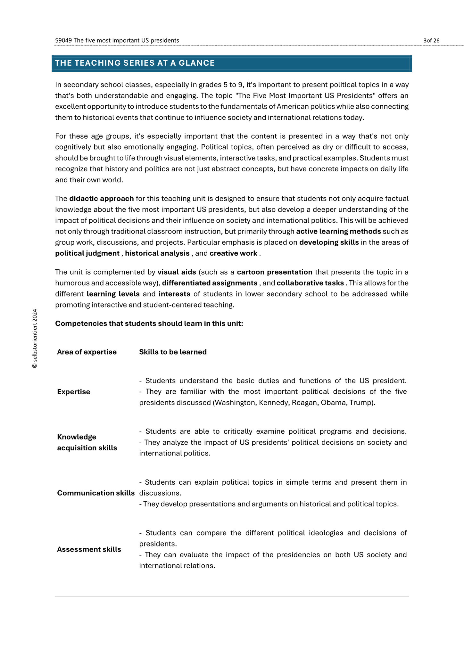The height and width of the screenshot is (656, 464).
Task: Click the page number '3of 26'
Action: pos(431,41)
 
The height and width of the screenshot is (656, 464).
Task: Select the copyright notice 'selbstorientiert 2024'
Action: pos(35,339)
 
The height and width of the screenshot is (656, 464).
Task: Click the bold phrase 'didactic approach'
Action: pos(102,199)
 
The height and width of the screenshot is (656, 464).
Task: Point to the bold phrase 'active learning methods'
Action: pos(338,231)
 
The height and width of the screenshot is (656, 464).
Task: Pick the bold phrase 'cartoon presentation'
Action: pos(275,272)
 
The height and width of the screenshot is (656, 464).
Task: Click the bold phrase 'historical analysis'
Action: pos(157,253)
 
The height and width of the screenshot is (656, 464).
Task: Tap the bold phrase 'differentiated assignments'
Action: pos(210,283)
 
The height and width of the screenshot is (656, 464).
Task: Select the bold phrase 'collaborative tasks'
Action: pos(310,283)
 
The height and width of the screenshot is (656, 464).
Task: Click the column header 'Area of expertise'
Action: pos(87,352)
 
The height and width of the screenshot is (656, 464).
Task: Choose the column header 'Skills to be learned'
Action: pos(173,352)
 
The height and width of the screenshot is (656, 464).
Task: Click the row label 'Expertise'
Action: pos(74,392)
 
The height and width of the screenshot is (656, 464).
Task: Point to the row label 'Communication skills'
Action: pos(96,493)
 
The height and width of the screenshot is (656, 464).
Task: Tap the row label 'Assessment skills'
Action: pos(89,549)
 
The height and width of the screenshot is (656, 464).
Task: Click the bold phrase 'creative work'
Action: pos(234,253)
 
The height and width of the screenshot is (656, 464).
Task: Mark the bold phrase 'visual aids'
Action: pos(177,272)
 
